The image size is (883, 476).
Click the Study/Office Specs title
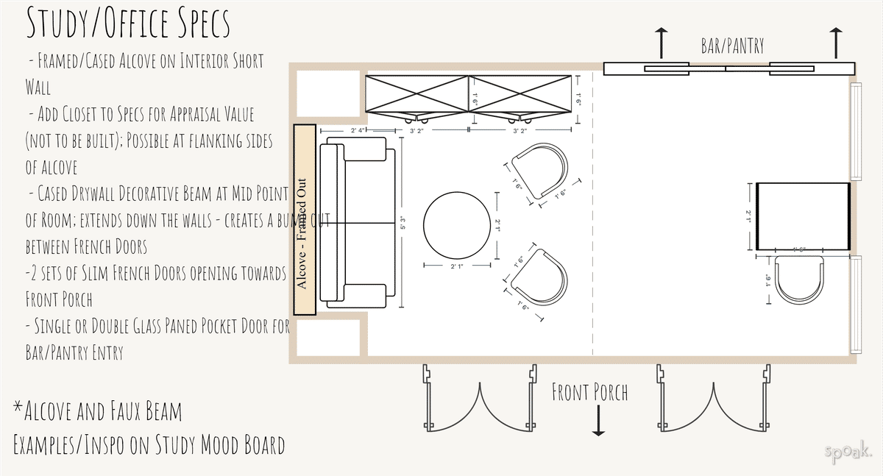pyautogui.click(x=128, y=24)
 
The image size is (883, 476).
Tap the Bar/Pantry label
pyautogui.click(x=731, y=46)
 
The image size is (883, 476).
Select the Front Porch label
pyautogui.click(x=590, y=392)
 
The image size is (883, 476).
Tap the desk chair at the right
pyautogui.click(x=800, y=280)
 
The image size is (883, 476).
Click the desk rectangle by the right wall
pyautogui.click(x=803, y=216)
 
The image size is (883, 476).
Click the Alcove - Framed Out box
pyautogui.click(x=305, y=220)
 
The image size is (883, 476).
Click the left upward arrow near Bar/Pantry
pyautogui.click(x=662, y=43)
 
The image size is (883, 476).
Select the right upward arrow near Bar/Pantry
pyautogui.click(x=836, y=43)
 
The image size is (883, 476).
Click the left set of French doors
pyautogui.click(x=479, y=397)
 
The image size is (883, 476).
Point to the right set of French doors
pyautogui.click(x=713, y=397)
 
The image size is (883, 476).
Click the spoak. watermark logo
pyautogui.click(x=848, y=452)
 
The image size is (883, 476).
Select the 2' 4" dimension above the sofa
pyautogui.click(x=358, y=131)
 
